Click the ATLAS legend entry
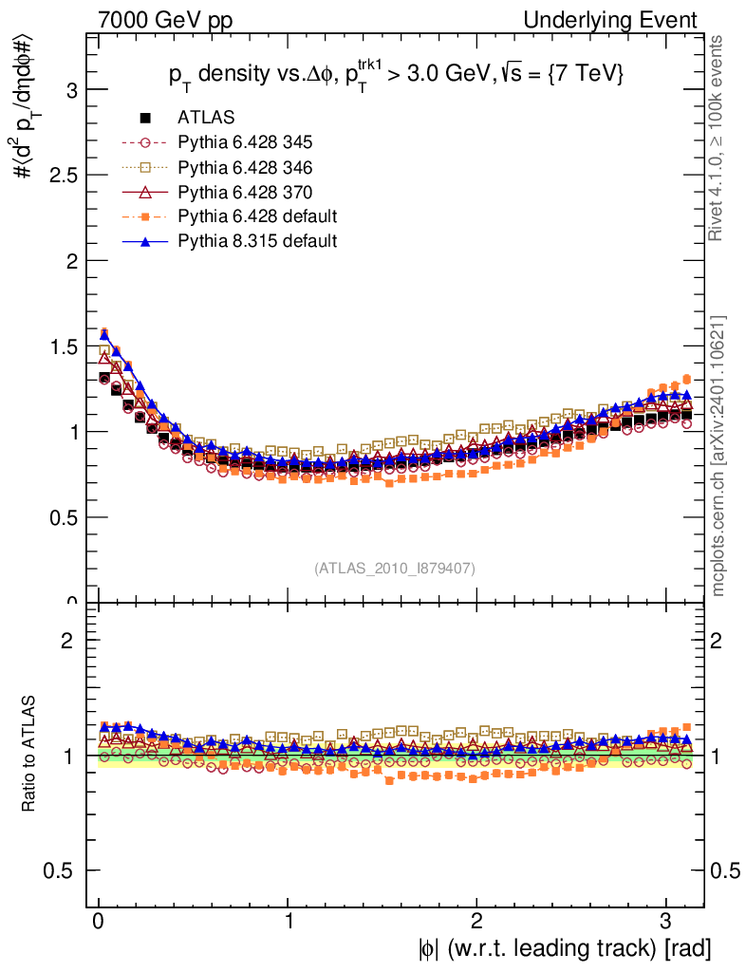point(206,118)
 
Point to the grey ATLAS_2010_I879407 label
point(395,569)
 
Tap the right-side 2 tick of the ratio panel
point(718,641)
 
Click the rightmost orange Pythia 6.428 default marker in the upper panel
point(686,379)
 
